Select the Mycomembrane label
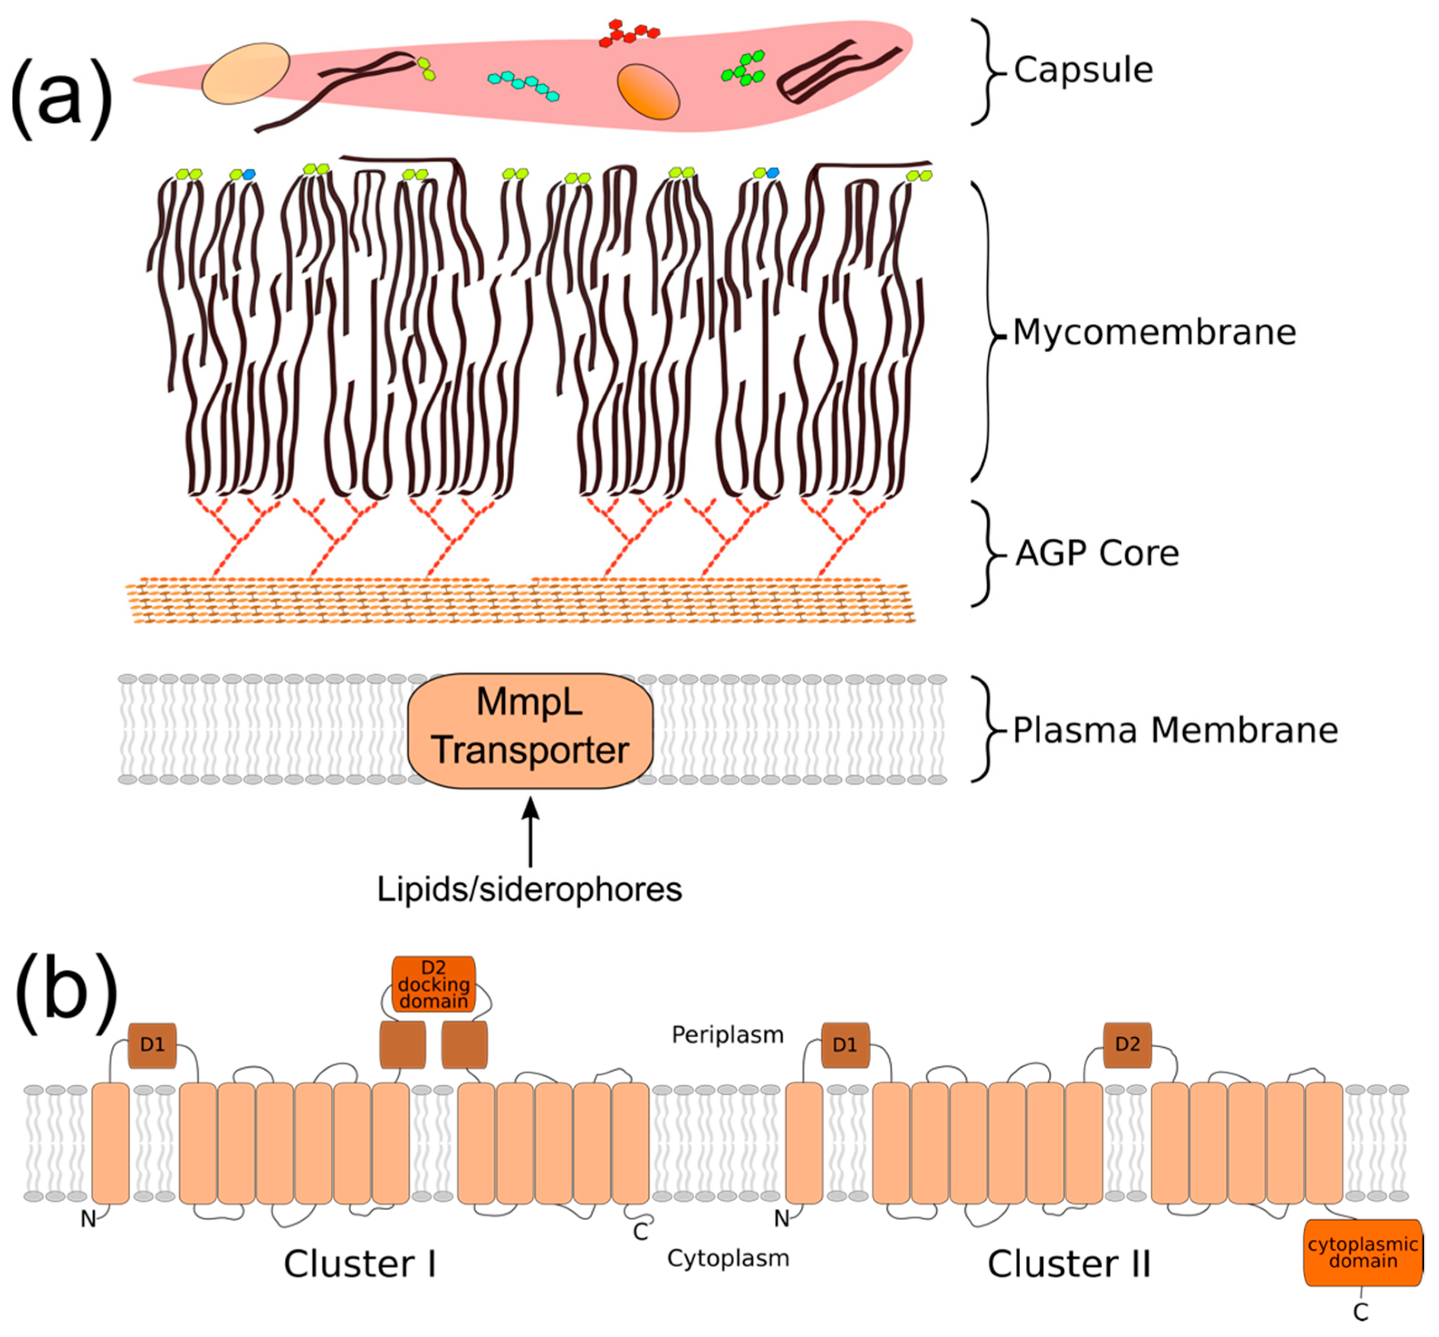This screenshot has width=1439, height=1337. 1153,333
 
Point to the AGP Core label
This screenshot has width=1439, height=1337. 1097,553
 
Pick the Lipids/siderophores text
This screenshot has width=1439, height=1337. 529,889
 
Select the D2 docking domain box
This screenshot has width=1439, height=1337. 433,984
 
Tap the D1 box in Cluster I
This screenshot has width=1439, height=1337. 152,1045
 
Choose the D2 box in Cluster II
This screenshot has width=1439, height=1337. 1127,1044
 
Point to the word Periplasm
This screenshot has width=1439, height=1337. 727,1035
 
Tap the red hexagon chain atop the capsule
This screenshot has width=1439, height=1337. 628,34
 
